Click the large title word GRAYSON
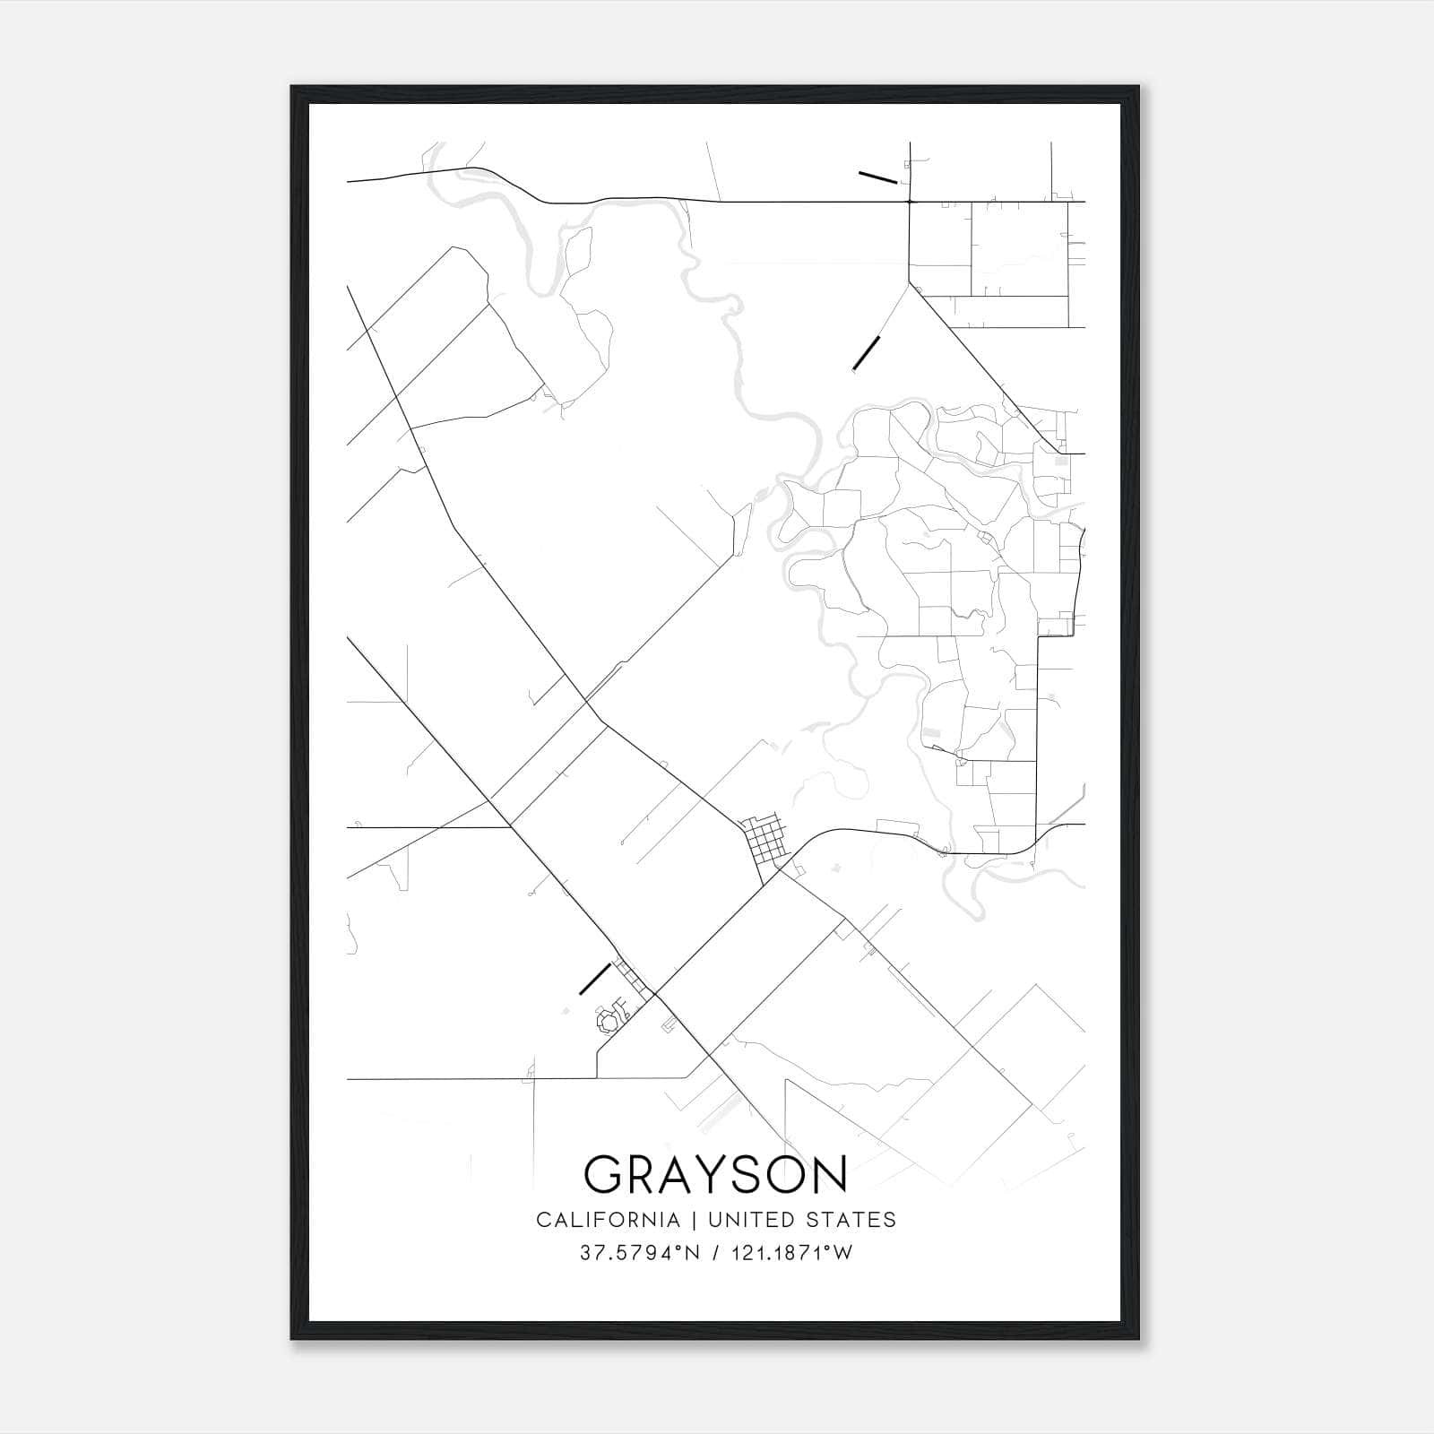click(x=715, y=1173)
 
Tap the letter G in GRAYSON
click(x=605, y=1173)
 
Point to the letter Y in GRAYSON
click(x=716, y=1173)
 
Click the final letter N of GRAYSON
click(x=831, y=1173)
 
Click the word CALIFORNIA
click(x=608, y=1219)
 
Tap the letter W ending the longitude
click(x=842, y=1253)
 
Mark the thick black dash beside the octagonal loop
click(x=595, y=979)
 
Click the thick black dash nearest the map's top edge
click(x=877, y=177)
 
